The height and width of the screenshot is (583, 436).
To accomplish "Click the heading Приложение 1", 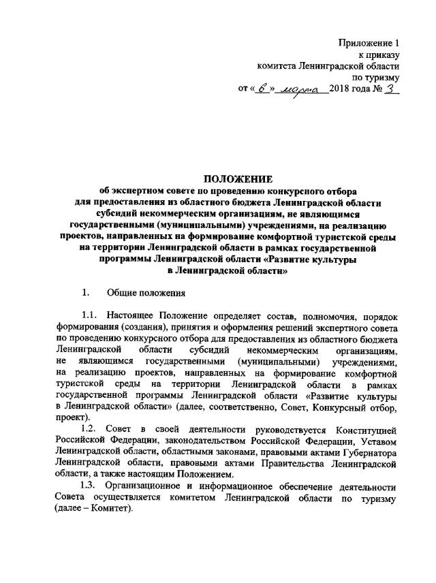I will coord(369,44).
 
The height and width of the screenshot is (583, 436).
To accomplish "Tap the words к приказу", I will coord(379,55).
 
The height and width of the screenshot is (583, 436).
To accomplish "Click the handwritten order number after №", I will coord(391,89).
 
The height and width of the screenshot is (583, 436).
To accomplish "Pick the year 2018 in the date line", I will coord(339,90).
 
